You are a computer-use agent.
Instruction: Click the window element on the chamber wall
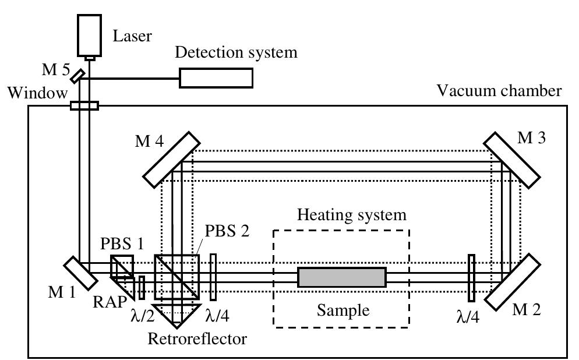(x=84, y=106)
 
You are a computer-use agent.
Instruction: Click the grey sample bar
(x=341, y=277)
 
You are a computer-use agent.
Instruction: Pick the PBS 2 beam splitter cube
(x=176, y=276)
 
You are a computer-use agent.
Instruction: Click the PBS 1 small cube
(x=123, y=267)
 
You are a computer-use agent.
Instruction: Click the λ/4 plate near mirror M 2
(x=471, y=276)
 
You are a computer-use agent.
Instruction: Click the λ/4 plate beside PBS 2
(x=214, y=276)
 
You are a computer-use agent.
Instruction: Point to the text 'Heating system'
(x=351, y=215)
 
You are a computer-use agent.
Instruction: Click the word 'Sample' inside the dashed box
(x=343, y=310)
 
